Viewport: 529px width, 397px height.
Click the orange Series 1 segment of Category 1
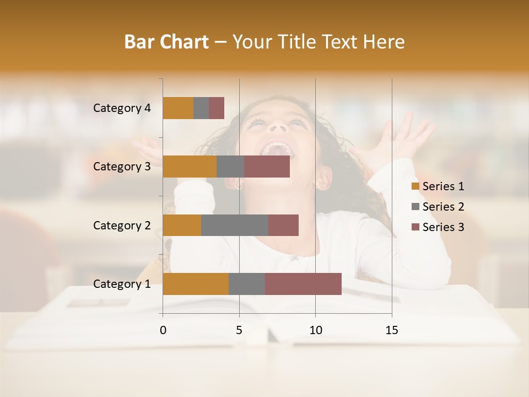(x=196, y=284)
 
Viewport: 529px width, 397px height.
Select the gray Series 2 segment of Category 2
(x=235, y=225)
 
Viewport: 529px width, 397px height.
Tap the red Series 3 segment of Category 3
(x=267, y=167)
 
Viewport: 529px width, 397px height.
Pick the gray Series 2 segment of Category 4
(x=201, y=108)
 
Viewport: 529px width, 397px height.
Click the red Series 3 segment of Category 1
(x=303, y=284)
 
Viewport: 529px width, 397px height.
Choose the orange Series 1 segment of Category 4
(x=178, y=108)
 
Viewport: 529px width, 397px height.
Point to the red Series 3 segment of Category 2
(x=283, y=225)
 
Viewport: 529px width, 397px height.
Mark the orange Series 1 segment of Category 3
(x=190, y=167)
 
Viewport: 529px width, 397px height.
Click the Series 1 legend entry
(x=438, y=186)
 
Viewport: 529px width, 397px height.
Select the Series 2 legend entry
(x=438, y=207)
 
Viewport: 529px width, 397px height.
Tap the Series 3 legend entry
(x=438, y=227)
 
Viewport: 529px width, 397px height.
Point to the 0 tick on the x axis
(x=163, y=330)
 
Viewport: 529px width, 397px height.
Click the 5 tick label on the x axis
(x=239, y=330)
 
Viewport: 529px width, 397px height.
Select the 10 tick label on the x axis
(x=315, y=330)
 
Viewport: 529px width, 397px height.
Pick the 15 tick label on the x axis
(x=392, y=330)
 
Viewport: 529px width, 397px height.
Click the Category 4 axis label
(x=122, y=108)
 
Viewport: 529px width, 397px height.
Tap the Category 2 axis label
(x=122, y=225)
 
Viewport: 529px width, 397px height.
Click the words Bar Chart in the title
(x=166, y=42)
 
